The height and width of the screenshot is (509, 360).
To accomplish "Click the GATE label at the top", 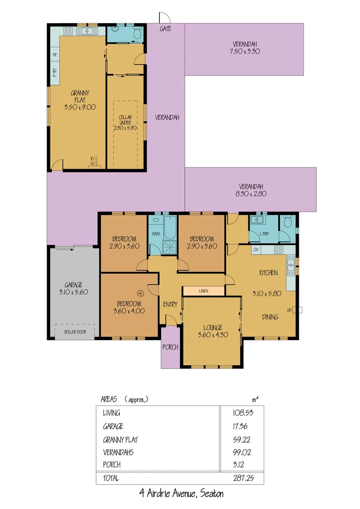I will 165,29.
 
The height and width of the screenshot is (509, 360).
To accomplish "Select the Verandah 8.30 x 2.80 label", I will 250,189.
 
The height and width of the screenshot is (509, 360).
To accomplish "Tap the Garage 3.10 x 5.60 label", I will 74,288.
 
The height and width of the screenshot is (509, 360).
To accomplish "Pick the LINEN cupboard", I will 204,291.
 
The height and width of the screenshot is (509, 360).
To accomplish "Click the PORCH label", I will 170,347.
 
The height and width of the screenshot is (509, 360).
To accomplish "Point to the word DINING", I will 270,317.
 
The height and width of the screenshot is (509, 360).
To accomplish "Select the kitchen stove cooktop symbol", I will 278,250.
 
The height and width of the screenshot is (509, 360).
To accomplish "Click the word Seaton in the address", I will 212,494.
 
